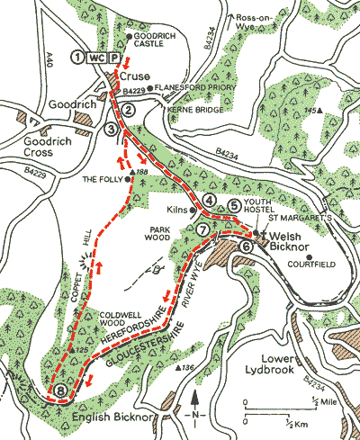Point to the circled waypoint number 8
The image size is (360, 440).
tap(59, 391)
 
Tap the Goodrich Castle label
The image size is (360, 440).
tap(153, 40)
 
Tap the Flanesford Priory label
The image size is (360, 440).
tap(187, 88)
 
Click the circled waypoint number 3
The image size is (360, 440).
tap(112, 130)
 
